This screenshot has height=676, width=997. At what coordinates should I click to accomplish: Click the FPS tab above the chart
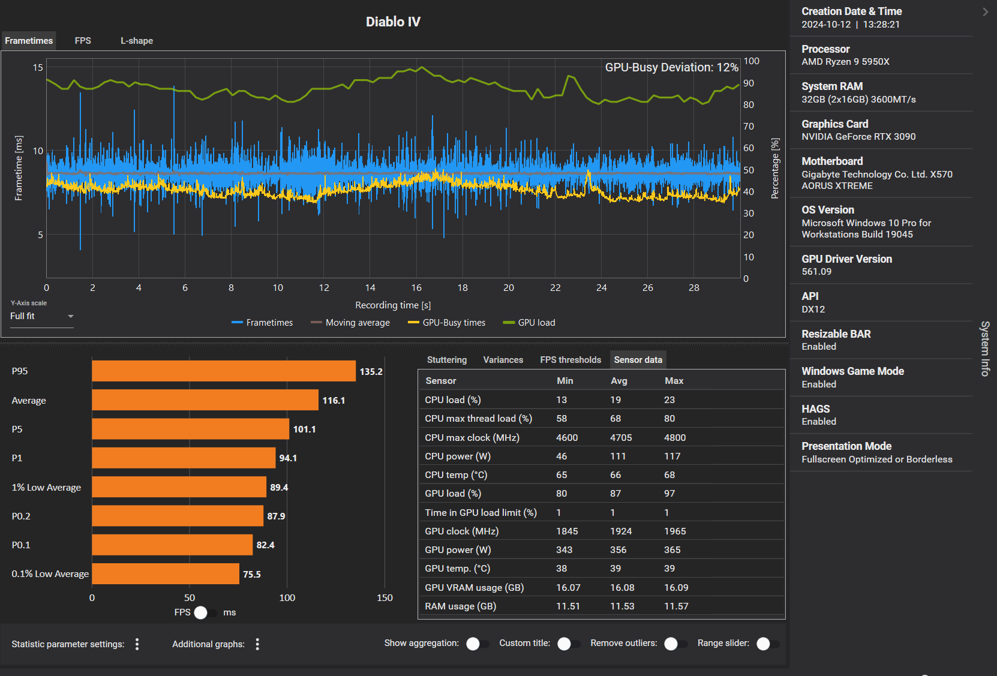(x=83, y=41)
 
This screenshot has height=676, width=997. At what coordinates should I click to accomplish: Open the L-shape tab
(x=137, y=41)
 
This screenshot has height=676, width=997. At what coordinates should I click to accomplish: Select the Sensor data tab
(x=638, y=360)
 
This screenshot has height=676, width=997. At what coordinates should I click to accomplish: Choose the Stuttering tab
(x=446, y=360)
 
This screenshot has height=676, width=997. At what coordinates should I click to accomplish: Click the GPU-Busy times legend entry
(x=446, y=323)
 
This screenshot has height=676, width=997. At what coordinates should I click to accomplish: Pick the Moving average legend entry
(x=350, y=323)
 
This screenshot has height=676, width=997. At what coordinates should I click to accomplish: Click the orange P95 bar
(x=223, y=371)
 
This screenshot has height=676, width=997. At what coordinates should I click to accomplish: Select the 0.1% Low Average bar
(x=165, y=574)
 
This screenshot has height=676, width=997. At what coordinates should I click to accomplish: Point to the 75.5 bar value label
(x=252, y=575)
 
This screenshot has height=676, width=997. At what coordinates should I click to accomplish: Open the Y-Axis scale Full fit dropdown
(x=41, y=316)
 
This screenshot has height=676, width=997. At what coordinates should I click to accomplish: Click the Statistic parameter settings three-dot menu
(x=137, y=644)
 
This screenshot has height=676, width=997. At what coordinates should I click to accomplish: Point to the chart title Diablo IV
(x=393, y=22)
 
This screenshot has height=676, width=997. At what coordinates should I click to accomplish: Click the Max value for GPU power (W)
(x=672, y=550)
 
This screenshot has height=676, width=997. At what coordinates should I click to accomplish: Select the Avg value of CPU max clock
(x=621, y=438)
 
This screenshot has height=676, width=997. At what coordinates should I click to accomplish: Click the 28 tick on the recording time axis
(x=694, y=288)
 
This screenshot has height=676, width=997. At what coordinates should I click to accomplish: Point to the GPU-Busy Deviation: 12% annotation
(x=671, y=67)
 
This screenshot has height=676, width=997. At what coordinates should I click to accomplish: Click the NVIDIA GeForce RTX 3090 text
(x=858, y=137)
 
